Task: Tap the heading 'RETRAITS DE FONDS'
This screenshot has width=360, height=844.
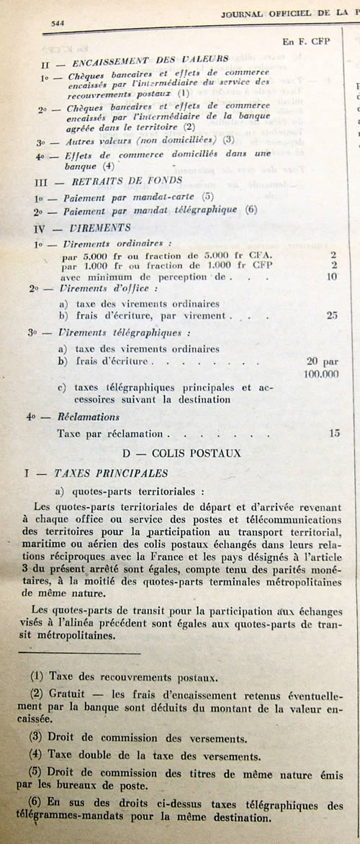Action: pyautogui.click(x=130, y=180)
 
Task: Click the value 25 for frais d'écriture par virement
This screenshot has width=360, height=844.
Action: pyautogui.click(x=331, y=315)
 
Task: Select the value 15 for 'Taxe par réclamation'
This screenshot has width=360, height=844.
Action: pyautogui.click(x=333, y=434)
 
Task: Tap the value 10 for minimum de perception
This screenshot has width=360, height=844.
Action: pyautogui.click(x=332, y=277)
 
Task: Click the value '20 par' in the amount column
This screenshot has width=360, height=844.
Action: pyautogui.click(x=323, y=362)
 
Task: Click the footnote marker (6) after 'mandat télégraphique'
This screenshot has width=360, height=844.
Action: pyautogui.click(x=251, y=210)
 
